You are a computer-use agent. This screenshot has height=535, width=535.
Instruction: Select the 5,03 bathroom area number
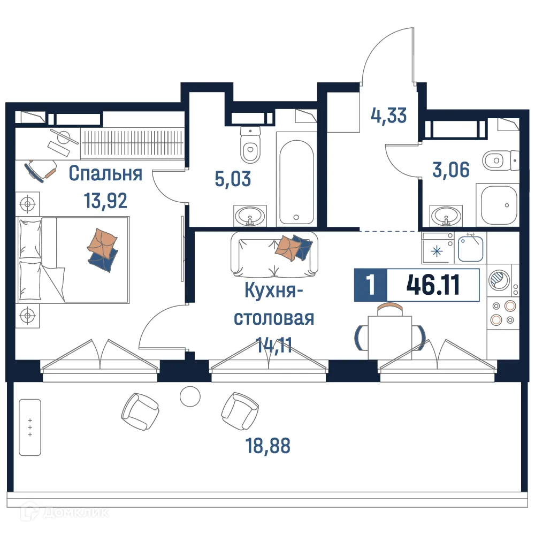(233, 179)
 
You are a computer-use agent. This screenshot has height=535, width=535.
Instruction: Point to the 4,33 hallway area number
(389, 115)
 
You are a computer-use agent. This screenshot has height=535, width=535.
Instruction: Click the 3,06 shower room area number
(450, 170)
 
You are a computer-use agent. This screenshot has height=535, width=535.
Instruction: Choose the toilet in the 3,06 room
(499, 158)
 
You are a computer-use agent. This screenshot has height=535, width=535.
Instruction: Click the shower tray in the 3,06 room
(499, 205)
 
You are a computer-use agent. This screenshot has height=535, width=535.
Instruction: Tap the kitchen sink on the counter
(471, 248)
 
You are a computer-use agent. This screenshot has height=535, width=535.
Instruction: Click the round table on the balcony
(189, 396)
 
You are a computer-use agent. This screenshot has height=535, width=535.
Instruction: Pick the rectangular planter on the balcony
(29, 426)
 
